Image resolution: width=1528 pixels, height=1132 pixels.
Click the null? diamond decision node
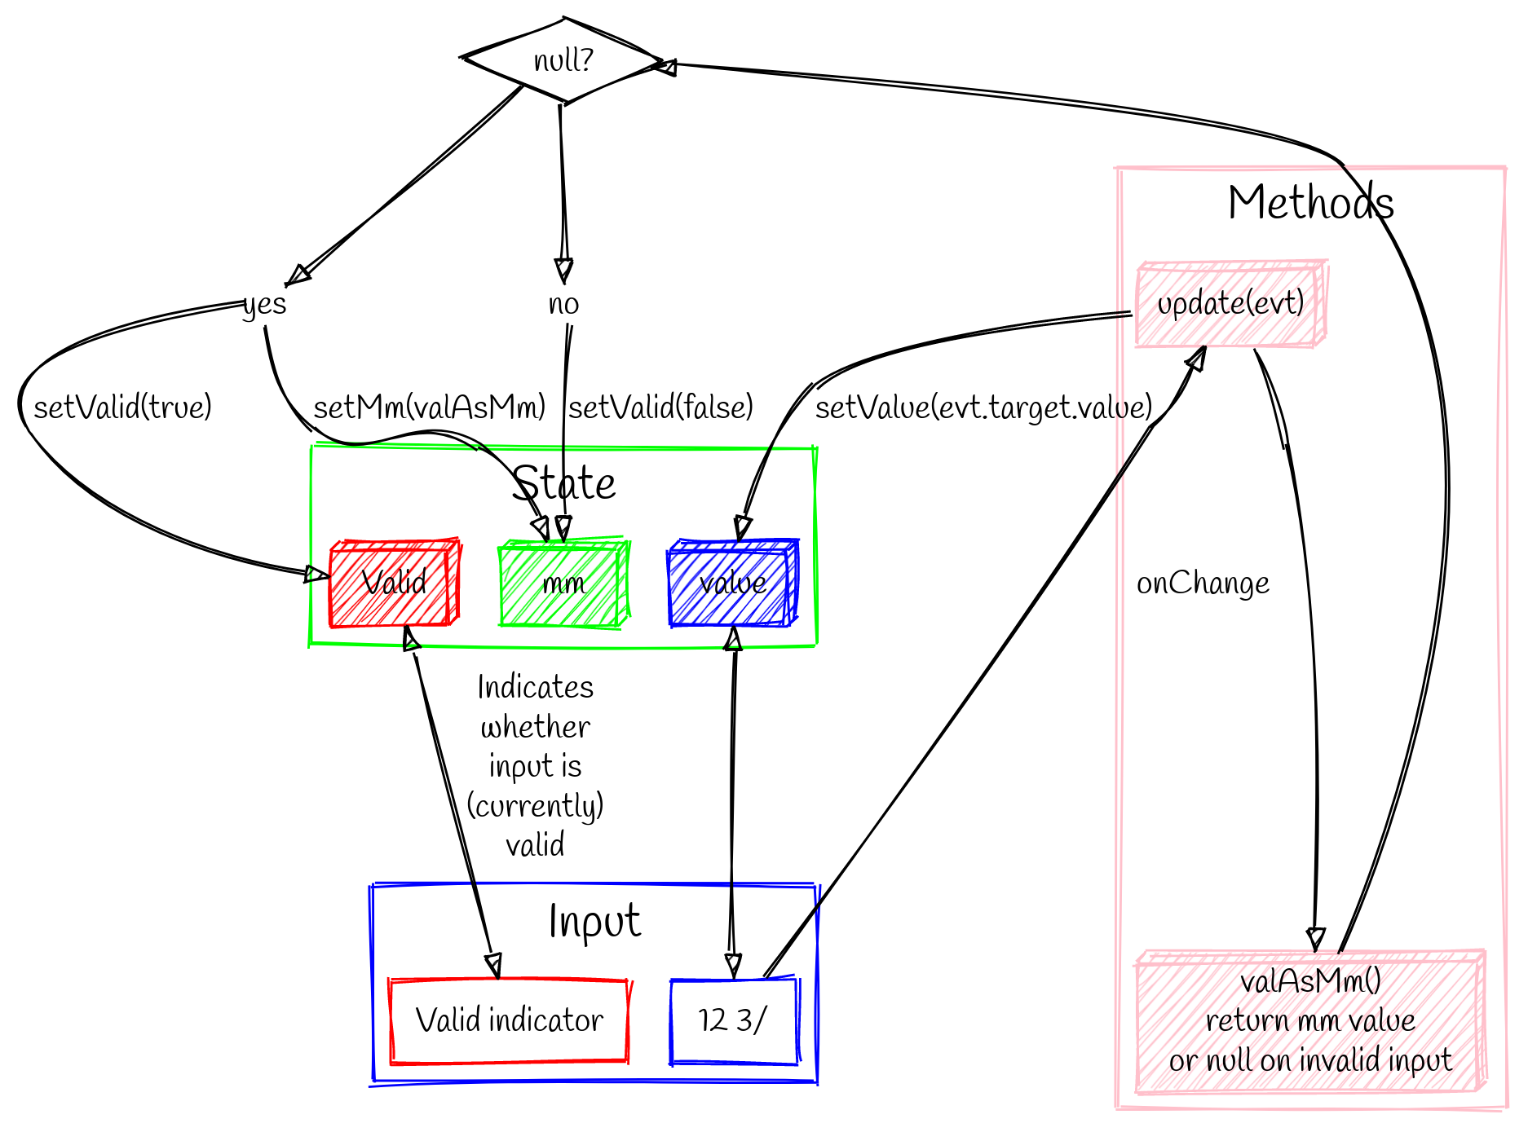pyautogui.click(x=563, y=61)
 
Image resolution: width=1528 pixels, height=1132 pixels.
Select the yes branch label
pyautogui.click(x=264, y=304)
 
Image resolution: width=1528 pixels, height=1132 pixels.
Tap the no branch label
pyautogui.click(x=563, y=304)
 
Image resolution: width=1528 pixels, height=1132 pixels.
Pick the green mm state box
pyautogui.click(x=563, y=584)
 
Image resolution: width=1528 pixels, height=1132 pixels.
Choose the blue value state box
pyautogui.click(x=732, y=583)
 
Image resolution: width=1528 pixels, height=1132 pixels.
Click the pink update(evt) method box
pyautogui.click(x=1230, y=303)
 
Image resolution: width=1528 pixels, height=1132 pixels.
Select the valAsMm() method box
pyautogui.click(x=1309, y=1020)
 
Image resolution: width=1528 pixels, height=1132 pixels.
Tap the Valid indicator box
pyautogui.click(x=510, y=1020)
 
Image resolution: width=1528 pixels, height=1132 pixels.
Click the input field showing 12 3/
pyautogui.click(x=732, y=1020)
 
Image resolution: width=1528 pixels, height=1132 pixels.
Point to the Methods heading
pyautogui.click(x=1310, y=202)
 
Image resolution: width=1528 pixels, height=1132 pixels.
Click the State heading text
pyautogui.click(x=563, y=483)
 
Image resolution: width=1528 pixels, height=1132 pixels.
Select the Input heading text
pyautogui.click(x=594, y=922)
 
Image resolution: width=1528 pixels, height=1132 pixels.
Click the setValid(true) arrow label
pyautogui.click(x=122, y=407)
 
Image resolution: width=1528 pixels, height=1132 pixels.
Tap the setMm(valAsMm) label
pyautogui.click(x=430, y=407)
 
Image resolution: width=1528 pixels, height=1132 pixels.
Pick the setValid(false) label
pyautogui.click(x=660, y=407)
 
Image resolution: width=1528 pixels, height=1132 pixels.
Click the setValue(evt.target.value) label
pyautogui.click(x=983, y=407)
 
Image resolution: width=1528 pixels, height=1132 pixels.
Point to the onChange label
pyautogui.click(x=1203, y=584)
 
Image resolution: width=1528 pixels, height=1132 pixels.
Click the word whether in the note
pyautogui.click(x=535, y=726)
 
